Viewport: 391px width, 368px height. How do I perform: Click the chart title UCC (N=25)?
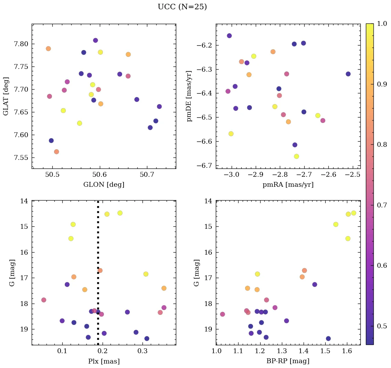[182, 7]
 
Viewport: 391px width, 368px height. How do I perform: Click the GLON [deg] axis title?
[104, 185]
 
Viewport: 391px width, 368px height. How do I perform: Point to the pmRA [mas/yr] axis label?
[288, 185]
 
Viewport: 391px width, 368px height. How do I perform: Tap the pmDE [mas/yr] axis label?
[189, 96]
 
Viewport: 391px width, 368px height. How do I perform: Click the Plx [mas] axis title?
[104, 361]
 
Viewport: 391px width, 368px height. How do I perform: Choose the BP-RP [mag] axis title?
[288, 361]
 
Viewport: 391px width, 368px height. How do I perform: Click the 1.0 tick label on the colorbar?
[382, 23]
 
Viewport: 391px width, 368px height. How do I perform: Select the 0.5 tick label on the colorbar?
[382, 326]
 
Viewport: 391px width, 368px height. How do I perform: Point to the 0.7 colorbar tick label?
[382, 205]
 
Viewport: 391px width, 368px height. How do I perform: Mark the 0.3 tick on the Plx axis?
[143, 352]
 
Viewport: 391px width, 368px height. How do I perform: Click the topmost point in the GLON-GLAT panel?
[95, 40]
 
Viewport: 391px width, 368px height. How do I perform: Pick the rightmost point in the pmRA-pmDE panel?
[348, 74]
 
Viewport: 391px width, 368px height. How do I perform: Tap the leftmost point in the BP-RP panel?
[222, 314]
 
